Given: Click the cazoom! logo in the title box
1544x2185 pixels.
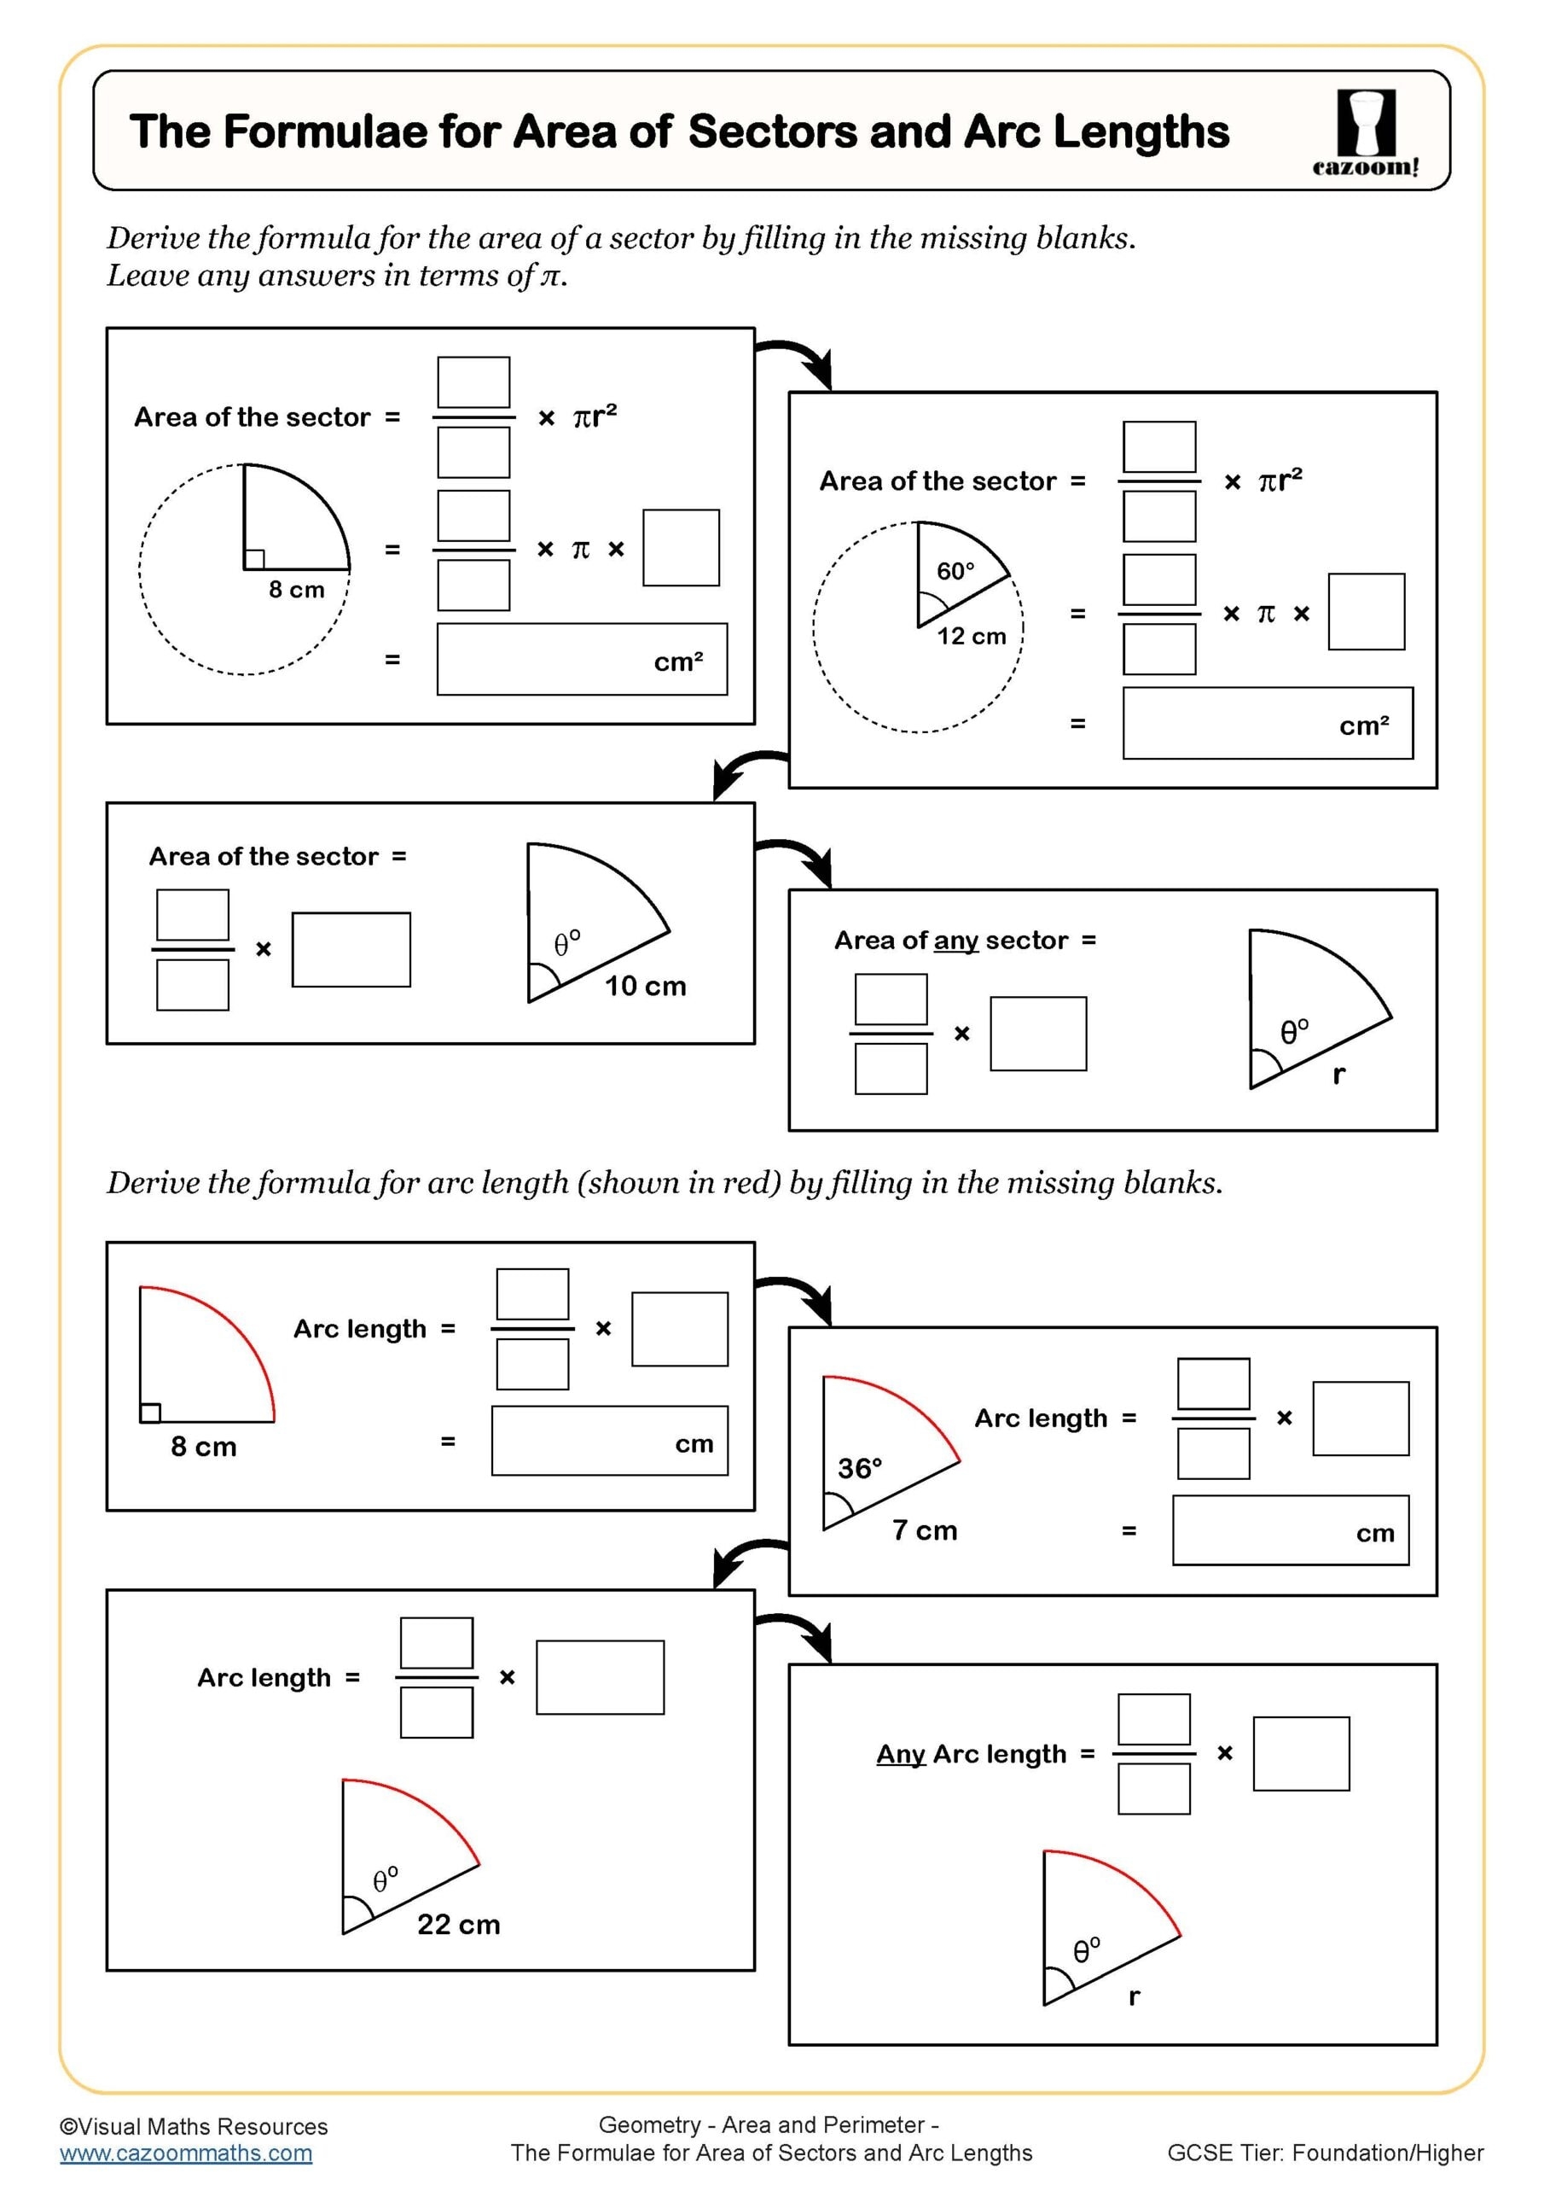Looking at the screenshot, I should click(x=1365, y=132).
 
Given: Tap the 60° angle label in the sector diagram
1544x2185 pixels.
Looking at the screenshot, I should click(x=955, y=571).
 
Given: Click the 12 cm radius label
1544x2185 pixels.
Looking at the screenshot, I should click(x=971, y=637).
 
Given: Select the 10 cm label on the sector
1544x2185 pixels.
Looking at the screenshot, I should click(x=645, y=986).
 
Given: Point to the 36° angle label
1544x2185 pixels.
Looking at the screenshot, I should click(x=859, y=1468).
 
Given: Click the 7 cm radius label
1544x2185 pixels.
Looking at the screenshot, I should click(x=924, y=1530).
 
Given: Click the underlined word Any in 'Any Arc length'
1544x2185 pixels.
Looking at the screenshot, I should click(x=900, y=1754).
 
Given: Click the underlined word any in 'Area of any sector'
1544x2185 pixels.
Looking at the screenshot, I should click(x=955, y=941).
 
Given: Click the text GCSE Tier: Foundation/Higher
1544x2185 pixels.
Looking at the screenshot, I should click(x=1324, y=2153).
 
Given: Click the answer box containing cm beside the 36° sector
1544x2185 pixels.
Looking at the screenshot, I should click(x=1289, y=1530).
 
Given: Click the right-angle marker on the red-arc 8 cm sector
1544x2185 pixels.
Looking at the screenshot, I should click(x=150, y=1413).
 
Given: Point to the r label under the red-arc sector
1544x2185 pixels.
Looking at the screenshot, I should click(x=1133, y=1996).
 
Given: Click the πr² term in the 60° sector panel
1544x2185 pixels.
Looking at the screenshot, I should click(x=1280, y=481).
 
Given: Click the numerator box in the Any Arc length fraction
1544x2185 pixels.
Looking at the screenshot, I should click(x=1153, y=1719).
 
